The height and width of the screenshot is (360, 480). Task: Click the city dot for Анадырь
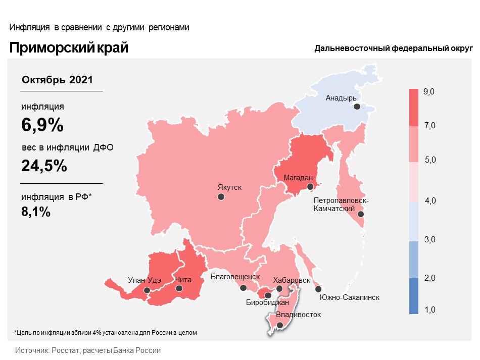(357, 107)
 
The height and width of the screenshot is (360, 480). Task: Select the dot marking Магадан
(311, 187)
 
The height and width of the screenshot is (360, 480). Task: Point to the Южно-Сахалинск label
(350, 297)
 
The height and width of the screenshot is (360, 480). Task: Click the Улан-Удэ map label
(144, 280)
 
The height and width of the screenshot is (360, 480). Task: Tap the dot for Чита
(179, 288)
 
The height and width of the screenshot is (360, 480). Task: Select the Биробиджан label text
(267, 303)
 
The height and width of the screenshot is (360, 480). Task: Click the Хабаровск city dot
(279, 289)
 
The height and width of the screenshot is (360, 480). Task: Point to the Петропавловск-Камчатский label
(341, 204)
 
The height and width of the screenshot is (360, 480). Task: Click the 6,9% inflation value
(42, 125)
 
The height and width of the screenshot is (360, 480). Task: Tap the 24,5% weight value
(44, 166)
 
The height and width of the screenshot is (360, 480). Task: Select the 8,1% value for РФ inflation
(36, 212)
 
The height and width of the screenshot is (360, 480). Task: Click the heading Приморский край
(69, 48)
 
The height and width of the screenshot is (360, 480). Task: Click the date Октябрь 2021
(57, 80)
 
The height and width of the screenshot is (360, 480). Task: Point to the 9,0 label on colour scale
(429, 91)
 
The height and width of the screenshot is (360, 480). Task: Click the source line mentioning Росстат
(88, 350)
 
